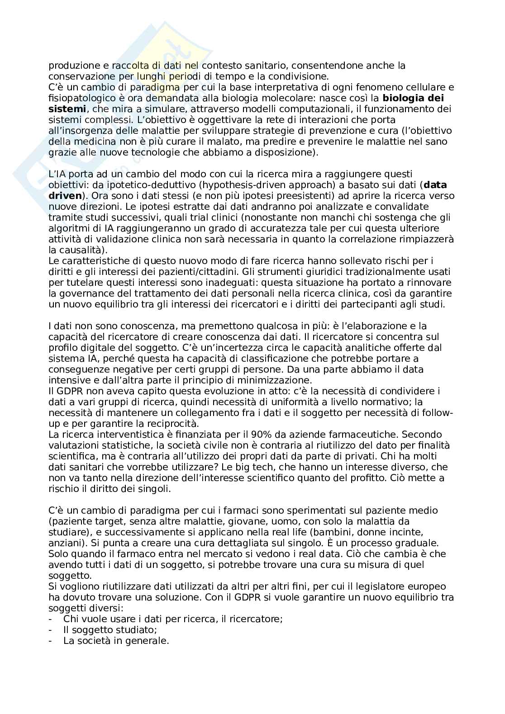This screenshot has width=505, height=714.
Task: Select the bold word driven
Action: pyautogui.click(x=65, y=196)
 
